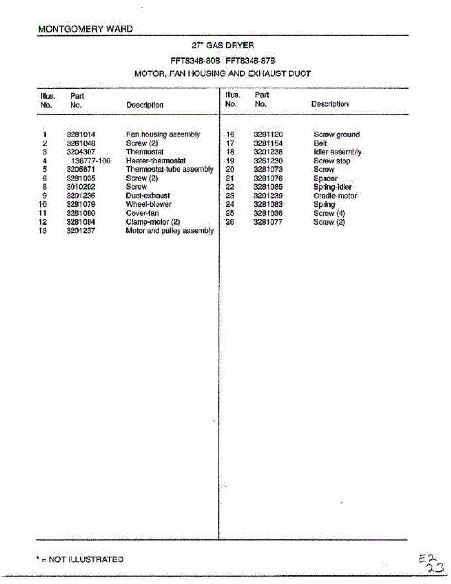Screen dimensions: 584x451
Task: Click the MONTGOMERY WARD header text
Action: [85, 29]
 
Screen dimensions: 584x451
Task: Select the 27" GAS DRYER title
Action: [223, 45]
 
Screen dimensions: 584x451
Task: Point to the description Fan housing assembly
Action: [163, 134]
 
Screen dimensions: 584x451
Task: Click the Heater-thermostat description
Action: [156, 161]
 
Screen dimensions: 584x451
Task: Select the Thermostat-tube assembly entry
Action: [170, 169]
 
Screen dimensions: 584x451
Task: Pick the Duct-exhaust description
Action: [148, 196]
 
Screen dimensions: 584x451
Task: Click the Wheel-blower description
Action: [148, 204]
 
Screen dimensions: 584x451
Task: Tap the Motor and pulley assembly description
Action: [170, 231]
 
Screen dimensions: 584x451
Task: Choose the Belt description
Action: [320, 143]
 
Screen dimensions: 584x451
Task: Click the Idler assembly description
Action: [337, 152]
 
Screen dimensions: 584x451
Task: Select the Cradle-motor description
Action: [335, 196]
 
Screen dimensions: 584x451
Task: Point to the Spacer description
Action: [325, 178]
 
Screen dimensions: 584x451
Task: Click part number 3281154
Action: [268, 143]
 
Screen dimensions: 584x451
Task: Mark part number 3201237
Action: [81, 231]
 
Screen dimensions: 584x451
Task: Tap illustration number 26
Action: [231, 222]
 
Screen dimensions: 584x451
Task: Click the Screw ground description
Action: [336, 134]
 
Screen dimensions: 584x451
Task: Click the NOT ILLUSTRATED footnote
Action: [80, 559]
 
